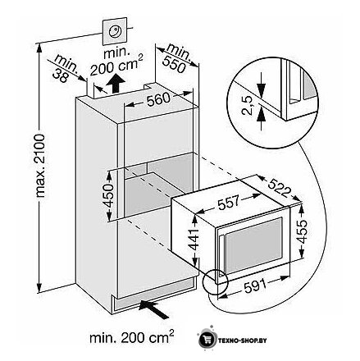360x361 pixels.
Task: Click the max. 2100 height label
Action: point(41,166)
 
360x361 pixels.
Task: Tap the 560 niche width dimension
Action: point(158,99)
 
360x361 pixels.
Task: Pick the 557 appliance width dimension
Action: point(229,202)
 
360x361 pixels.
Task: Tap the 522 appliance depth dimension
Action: point(278,188)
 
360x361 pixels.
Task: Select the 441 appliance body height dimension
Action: point(194,240)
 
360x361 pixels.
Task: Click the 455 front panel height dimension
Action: point(302,232)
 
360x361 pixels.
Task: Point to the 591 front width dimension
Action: point(255,286)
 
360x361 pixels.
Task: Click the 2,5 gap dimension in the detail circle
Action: point(247,106)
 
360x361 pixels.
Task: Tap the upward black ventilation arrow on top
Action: point(116,83)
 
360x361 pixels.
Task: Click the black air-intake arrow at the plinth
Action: point(153,308)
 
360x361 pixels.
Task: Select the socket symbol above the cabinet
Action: point(115,31)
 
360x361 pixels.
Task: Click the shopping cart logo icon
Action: point(207,340)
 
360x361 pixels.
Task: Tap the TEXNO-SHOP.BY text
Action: point(242,340)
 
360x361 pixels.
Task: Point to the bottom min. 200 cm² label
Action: point(131,337)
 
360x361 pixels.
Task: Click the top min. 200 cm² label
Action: point(116,62)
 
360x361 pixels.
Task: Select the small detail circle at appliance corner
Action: point(216,281)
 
